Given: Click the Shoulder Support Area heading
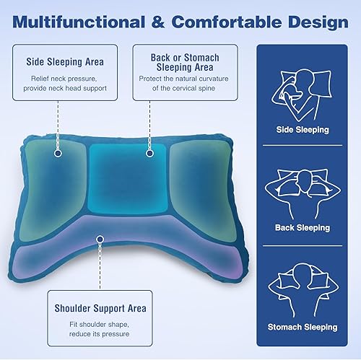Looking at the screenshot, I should point(100,308).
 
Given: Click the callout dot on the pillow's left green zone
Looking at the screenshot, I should point(56,152).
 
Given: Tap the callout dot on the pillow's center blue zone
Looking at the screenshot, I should point(149,152).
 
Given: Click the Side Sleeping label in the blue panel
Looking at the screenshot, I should point(303,130).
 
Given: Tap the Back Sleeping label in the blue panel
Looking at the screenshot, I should point(303,228).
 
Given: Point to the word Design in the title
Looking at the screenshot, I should point(318,22).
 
